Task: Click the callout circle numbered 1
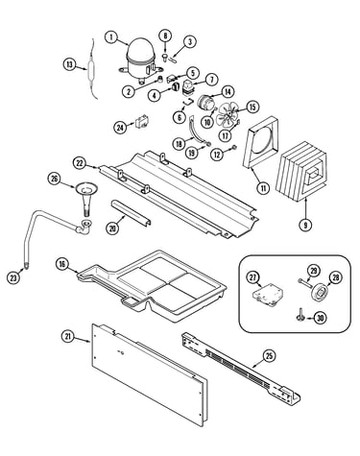click(x=111, y=37)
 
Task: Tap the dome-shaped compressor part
click(x=140, y=60)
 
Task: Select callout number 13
click(x=69, y=64)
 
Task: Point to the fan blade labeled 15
click(x=228, y=114)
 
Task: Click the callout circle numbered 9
click(x=305, y=225)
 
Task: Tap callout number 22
click(x=79, y=163)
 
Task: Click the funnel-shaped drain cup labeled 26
click(x=86, y=199)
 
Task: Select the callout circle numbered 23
click(x=13, y=277)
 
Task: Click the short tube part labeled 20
click(x=131, y=213)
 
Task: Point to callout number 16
click(x=62, y=264)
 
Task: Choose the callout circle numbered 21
click(x=67, y=336)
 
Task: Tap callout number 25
click(x=270, y=355)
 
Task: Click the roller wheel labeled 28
click(x=319, y=292)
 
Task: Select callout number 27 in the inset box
click(x=252, y=277)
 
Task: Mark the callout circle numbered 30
click(x=320, y=318)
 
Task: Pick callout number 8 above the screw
click(x=165, y=36)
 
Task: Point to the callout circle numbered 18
click(x=179, y=143)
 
